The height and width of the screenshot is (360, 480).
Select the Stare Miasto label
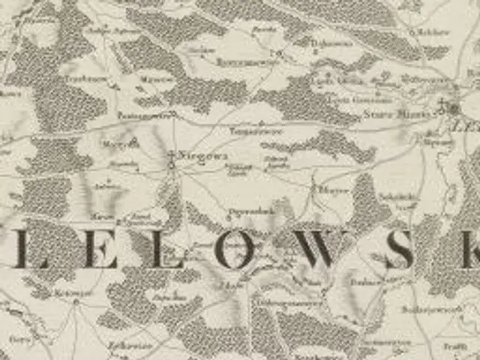pos(380,113)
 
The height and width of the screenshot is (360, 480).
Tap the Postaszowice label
pos(142,116)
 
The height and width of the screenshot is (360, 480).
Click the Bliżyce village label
pos(328,191)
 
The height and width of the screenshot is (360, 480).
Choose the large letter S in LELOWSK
pos(398,250)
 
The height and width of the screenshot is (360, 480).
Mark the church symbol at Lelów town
pos(454,107)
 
